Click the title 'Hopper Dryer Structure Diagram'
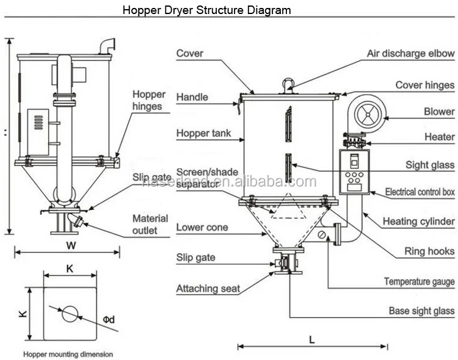tap(207, 10)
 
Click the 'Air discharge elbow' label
tap(410, 53)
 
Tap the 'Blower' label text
tap(439, 112)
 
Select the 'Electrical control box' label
tap(420, 192)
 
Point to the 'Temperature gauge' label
tap(419, 281)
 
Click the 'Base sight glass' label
tap(421, 311)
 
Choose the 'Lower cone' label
tap(202, 228)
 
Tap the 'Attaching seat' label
tap(208, 289)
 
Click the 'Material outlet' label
tap(150, 224)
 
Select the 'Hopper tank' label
tap(203, 133)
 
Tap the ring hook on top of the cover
tap(289, 83)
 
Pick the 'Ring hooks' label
tap(429, 251)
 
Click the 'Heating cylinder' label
tap(418, 221)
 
